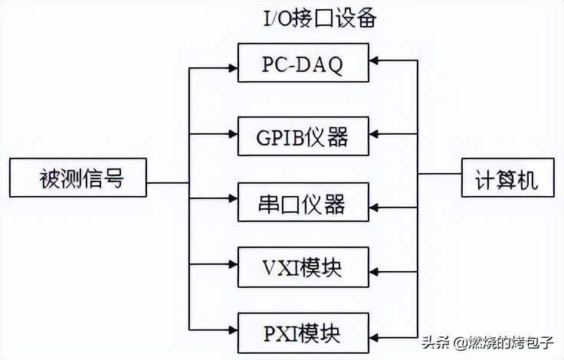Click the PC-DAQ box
(303, 63)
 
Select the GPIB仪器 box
(303, 136)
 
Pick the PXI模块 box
(303, 332)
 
